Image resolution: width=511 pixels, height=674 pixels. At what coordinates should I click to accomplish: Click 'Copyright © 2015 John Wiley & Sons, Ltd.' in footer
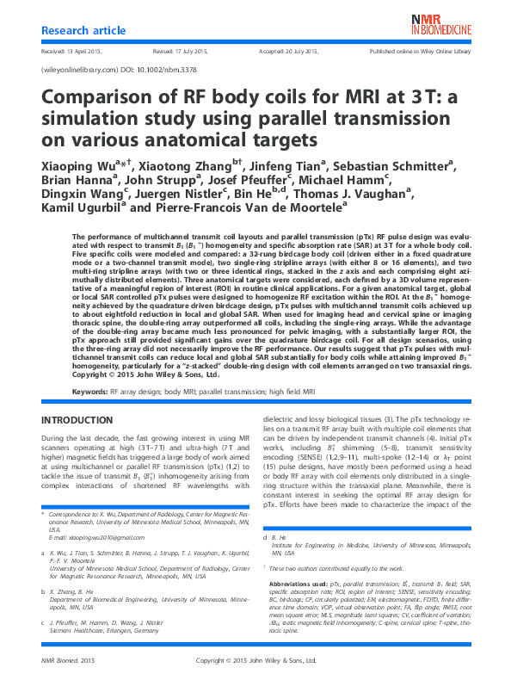pyautogui.click(x=256, y=660)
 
